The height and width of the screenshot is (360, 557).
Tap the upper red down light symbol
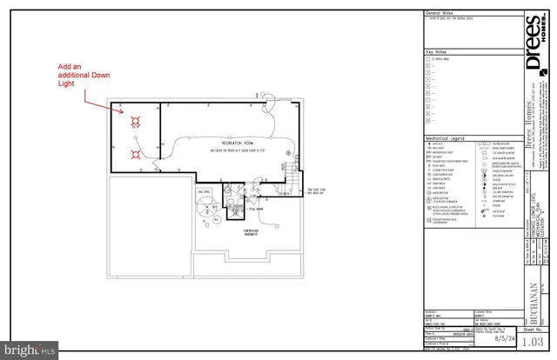(135, 120)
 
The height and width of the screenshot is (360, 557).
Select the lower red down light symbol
(135, 155)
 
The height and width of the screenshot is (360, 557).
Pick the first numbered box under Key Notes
(427, 58)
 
